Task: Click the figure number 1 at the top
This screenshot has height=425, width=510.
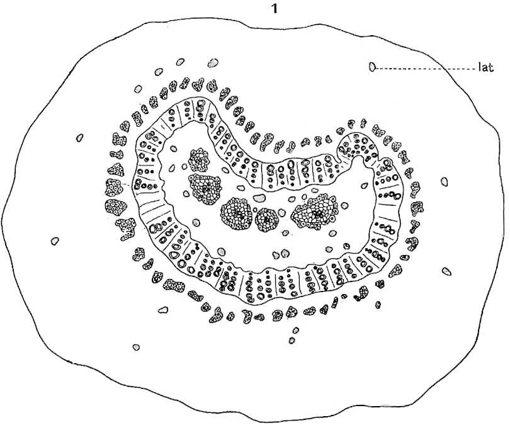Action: point(275,9)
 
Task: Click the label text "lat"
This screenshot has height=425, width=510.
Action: point(486,67)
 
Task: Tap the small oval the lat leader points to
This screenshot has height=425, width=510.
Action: point(372,67)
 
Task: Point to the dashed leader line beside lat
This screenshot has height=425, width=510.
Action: point(426,69)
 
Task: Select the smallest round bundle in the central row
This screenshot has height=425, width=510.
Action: point(267,220)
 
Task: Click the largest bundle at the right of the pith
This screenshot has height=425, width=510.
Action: point(315,211)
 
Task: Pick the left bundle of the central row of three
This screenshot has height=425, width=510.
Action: point(237,213)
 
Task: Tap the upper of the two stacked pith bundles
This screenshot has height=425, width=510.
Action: point(199,159)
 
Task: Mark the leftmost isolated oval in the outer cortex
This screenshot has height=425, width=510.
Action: point(55,241)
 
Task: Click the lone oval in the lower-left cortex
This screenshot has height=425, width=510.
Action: point(136,348)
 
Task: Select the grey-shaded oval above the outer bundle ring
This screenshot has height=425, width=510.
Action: point(213,62)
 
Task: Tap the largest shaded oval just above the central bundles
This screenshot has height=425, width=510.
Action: point(259,198)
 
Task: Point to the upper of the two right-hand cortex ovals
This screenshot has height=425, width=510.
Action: point(445,182)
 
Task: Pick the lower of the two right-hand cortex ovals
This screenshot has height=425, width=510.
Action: point(446,271)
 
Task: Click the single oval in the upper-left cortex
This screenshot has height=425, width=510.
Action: point(79,138)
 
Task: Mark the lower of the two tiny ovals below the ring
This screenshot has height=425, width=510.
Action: point(292,340)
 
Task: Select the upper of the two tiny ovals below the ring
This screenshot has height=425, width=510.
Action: point(296,331)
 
